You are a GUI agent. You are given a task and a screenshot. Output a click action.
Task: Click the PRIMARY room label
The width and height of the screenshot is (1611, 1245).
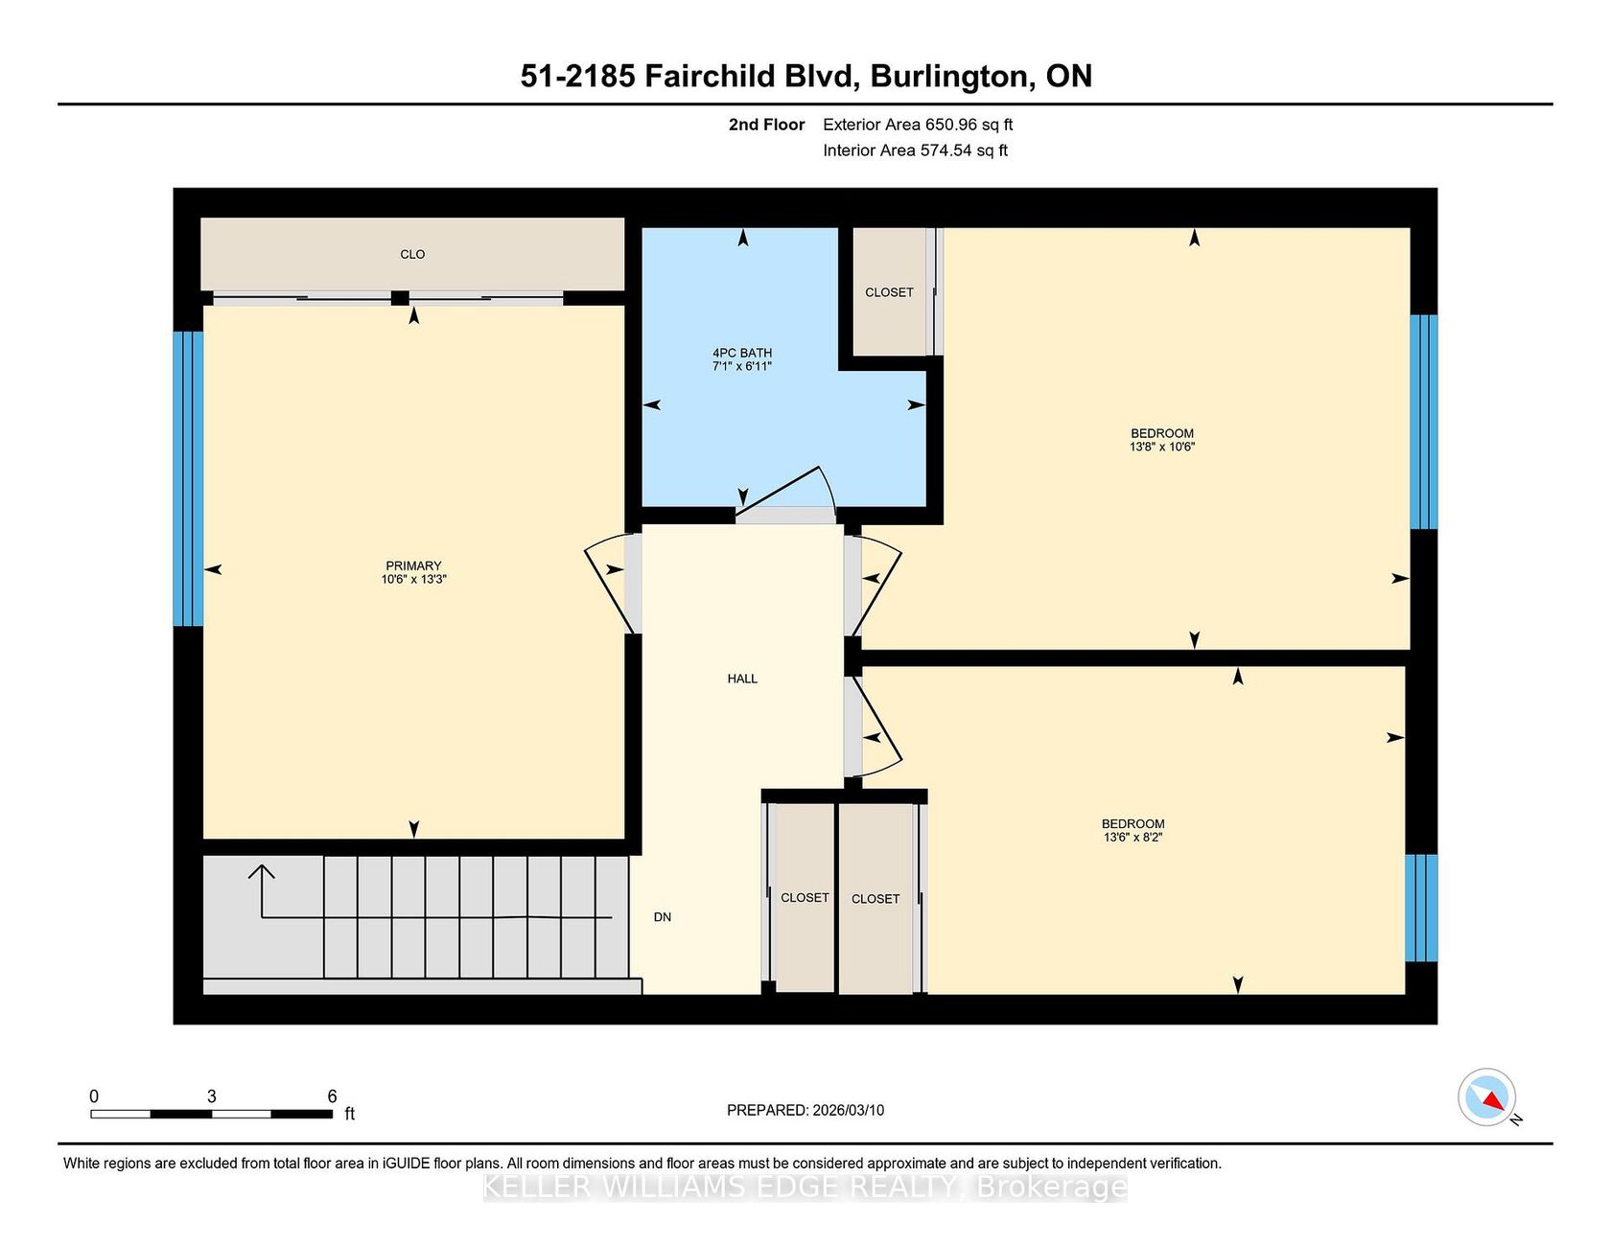tap(413, 565)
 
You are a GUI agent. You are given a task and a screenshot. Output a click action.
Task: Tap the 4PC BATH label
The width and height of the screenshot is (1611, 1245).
tap(742, 353)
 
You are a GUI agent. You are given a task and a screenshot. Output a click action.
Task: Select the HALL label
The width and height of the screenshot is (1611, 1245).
tap(742, 679)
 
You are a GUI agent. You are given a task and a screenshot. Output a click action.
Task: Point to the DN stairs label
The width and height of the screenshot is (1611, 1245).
tap(663, 917)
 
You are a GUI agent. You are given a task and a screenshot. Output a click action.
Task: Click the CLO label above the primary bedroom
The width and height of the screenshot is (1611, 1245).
tap(412, 254)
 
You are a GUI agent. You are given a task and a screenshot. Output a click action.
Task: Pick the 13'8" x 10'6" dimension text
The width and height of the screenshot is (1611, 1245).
tap(1162, 447)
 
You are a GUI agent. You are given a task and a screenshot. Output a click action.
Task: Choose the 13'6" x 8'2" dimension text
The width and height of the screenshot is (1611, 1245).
tap(1133, 837)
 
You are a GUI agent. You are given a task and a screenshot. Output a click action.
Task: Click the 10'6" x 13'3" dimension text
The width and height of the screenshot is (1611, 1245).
tap(414, 579)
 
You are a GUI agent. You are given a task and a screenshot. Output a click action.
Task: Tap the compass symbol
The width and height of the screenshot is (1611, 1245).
tap(1486, 1097)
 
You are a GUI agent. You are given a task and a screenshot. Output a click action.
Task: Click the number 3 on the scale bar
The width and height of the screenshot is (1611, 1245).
tap(211, 1096)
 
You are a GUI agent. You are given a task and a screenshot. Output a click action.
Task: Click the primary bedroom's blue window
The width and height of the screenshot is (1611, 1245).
tap(188, 478)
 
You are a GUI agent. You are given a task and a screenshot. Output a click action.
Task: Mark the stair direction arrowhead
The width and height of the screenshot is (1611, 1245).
tap(262, 870)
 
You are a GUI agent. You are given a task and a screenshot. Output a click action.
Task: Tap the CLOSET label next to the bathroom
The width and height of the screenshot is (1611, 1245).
tap(889, 292)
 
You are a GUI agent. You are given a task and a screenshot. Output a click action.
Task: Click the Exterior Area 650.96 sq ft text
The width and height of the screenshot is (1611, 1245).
tap(918, 125)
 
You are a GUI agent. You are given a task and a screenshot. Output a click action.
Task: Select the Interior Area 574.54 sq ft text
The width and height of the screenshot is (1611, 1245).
tap(915, 150)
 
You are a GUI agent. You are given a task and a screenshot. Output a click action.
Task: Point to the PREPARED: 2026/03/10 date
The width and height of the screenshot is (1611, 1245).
tap(805, 1110)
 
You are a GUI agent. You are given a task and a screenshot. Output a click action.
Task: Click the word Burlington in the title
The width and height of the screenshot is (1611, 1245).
tap(952, 77)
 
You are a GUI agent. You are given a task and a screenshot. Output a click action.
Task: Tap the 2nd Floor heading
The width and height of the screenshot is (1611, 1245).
tap(766, 125)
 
